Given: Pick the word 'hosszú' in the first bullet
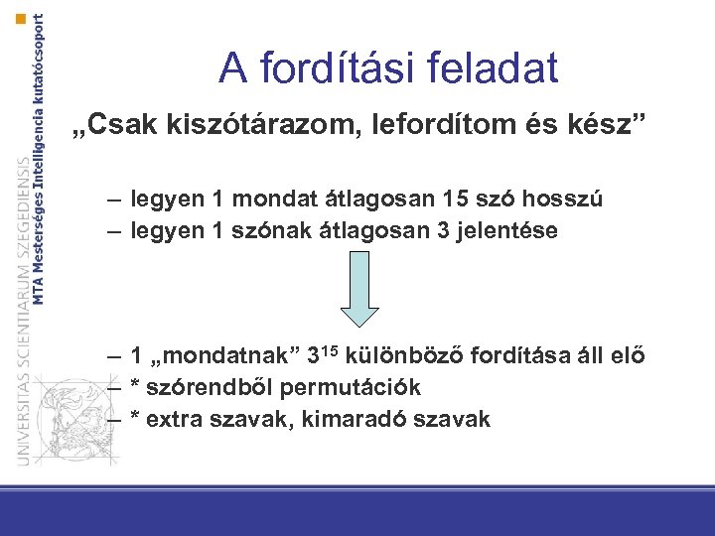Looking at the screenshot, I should pos(566,200).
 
